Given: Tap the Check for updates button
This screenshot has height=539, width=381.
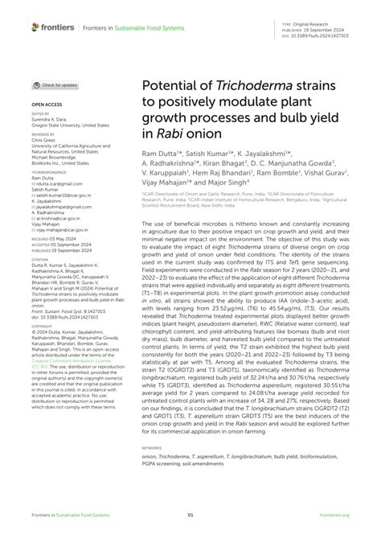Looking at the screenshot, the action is (x=55, y=84).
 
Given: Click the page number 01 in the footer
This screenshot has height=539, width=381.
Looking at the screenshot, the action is (x=190, y=516).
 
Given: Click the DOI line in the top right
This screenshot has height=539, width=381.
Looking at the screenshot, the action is (x=326, y=35).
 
